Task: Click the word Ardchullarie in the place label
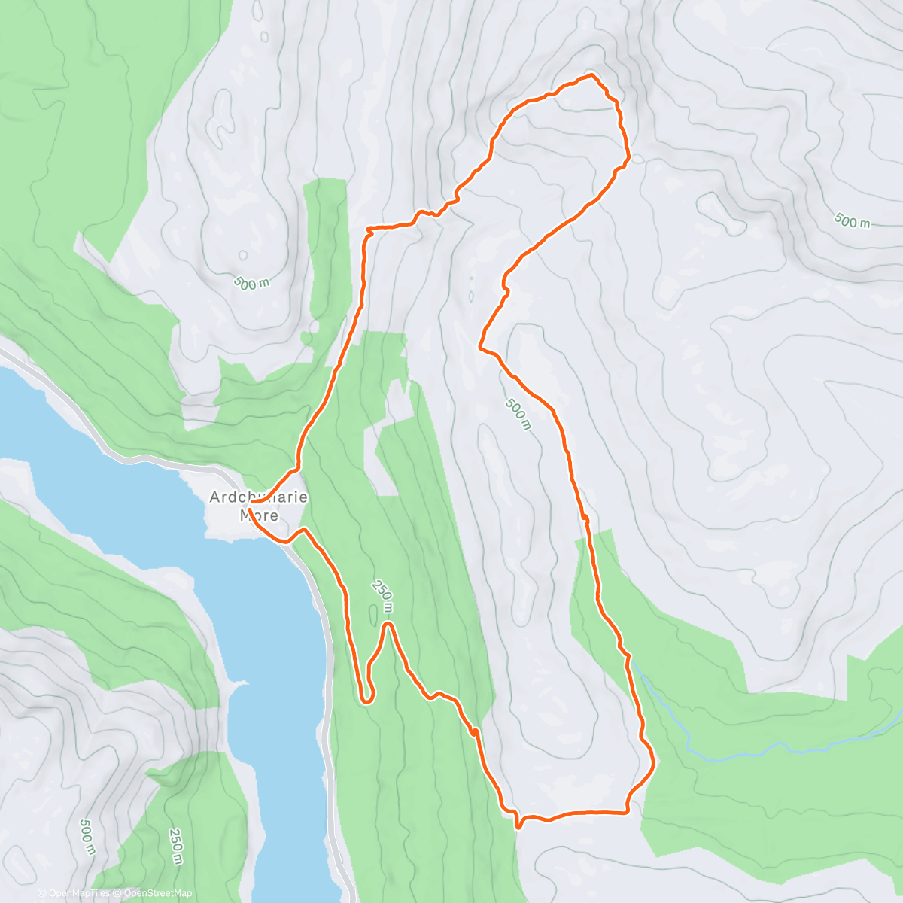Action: pos(258,497)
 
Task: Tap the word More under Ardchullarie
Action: pos(258,515)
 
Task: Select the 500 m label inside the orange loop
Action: pos(518,414)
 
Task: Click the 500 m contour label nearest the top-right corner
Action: pos(852,220)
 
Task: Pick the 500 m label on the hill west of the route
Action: pos(251,284)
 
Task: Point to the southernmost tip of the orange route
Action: pos(518,827)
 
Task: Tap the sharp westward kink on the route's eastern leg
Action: pos(480,347)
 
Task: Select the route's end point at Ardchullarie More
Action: pos(250,501)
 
